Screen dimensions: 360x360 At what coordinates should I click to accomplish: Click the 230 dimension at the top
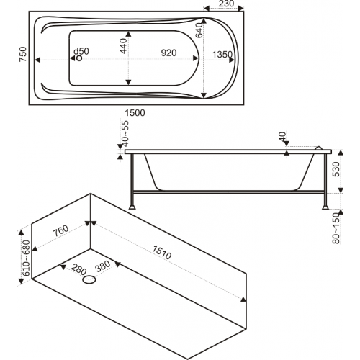point(226,4)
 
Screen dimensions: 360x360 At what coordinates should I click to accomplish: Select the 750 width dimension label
point(23,54)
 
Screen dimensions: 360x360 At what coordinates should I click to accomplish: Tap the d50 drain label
point(81,51)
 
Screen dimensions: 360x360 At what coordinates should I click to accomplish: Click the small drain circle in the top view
point(79,58)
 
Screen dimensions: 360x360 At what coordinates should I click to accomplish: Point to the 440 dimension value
point(123,46)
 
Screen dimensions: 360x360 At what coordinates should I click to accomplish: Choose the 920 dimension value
point(168,53)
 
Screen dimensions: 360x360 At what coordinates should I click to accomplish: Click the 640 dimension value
point(199,30)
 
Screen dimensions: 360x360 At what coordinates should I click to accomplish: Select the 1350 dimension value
point(222,55)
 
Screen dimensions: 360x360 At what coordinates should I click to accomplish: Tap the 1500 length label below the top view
point(135,113)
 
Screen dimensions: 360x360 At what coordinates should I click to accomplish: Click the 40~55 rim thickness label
point(125,133)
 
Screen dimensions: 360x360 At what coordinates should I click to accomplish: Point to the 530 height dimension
point(336,169)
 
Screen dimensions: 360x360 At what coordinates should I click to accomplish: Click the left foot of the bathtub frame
point(132,207)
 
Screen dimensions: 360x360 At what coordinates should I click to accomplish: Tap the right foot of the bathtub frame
point(325,207)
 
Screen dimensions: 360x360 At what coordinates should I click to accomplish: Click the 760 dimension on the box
point(60,231)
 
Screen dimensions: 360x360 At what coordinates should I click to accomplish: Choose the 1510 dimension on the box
point(161,253)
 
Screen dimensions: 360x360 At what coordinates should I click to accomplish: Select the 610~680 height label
point(26,258)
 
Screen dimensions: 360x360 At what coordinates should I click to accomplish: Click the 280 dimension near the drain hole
point(78,269)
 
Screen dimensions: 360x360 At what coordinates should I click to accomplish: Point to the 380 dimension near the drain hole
point(103,266)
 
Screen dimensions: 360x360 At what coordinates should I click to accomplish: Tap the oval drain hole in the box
point(89,279)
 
